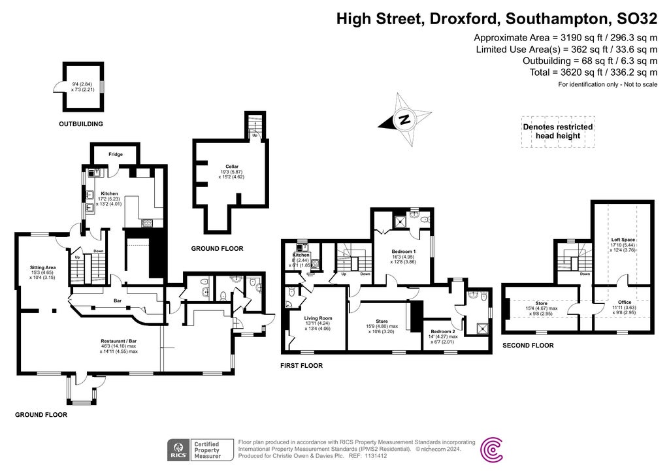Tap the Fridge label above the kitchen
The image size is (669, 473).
click(116, 154)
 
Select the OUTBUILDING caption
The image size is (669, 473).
click(81, 123)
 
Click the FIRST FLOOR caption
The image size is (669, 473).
click(301, 366)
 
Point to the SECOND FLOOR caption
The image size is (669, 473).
click(528, 345)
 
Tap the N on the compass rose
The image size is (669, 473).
click(405, 120)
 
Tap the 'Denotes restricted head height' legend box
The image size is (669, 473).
click(557, 131)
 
